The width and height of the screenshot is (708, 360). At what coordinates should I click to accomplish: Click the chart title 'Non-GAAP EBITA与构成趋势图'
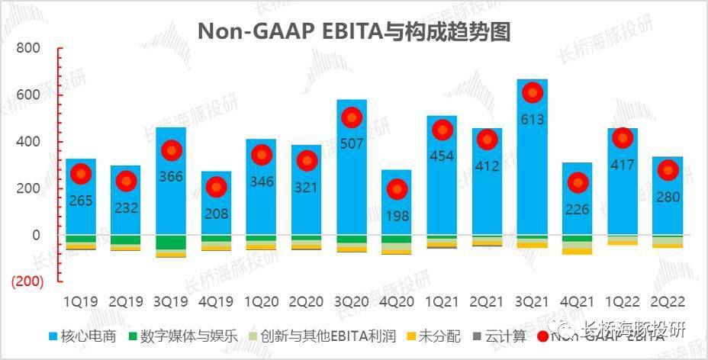pyautogui.click(x=353, y=31)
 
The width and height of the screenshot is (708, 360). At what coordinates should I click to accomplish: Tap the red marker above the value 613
pyautogui.click(x=533, y=92)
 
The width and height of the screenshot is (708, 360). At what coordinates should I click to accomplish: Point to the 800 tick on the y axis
pyautogui.click(x=28, y=48)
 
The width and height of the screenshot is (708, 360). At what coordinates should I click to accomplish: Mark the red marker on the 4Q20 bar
pyautogui.click(x=397, y=189)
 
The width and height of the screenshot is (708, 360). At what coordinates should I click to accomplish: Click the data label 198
pyautogui.click(x=397, y=214)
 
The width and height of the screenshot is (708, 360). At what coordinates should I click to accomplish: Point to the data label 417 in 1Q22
pyautogui.click(x=623, y=164)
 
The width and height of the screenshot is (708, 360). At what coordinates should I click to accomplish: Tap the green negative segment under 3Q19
pyautogui.click(x=171, y=243)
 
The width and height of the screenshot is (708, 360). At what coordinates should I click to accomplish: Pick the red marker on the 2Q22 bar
pyautogui.click(x=668, y=171)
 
